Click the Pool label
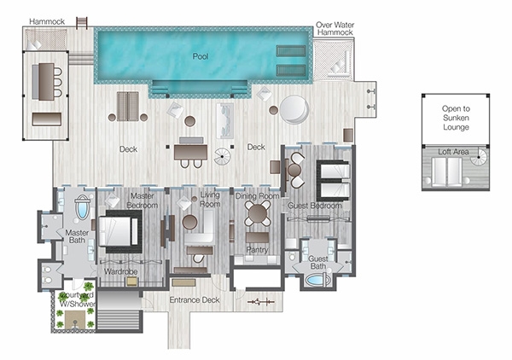(201, 56)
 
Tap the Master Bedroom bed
(119, 231)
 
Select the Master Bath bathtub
(82, 206)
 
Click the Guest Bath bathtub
(317, 281)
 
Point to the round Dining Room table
(258, 214)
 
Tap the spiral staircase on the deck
(222, 156)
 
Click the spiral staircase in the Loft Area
(479, 157)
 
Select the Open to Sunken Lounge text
(456, 118)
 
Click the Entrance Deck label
(195, 300)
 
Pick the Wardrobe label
(120, 271)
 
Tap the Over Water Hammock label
(335, 28)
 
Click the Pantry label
(257, 250)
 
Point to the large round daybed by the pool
(294, 109)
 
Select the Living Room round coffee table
(189, 223)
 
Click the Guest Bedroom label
(314, 206)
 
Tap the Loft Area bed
(446, 172)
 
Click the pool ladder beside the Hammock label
(82, 23)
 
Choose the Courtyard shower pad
(75, 320)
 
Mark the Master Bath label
(77, 236)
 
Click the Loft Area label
(453, 152)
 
